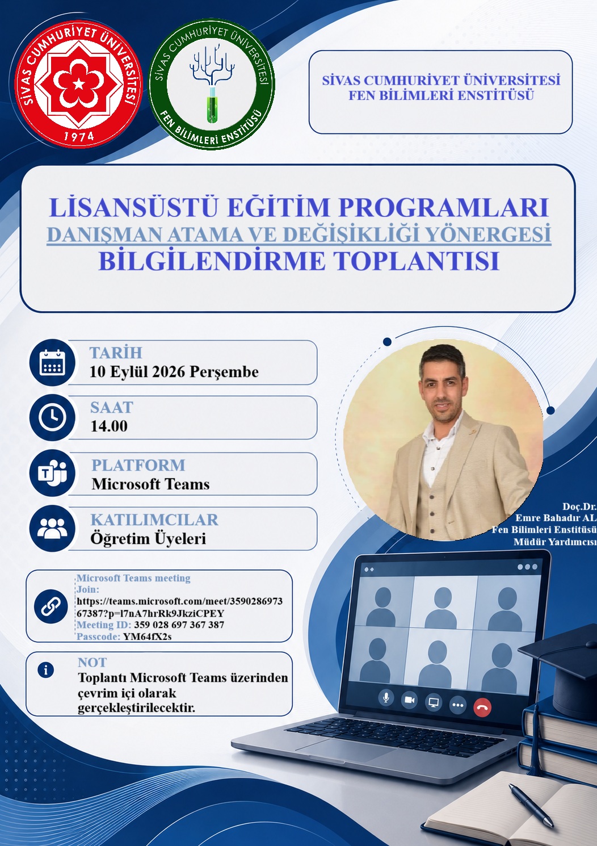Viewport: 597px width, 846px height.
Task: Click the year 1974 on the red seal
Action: pos(78,136)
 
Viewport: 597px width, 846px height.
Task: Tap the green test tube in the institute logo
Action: pos(213,107)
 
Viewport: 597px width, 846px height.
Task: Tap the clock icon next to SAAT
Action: pos(52,417)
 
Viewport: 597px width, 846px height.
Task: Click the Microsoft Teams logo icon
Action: pos(52,473)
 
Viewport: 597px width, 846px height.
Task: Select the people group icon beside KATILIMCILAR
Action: pos(52,528)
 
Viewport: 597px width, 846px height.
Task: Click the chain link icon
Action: pos(51,606)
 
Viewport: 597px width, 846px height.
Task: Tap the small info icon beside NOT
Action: pos(45,670)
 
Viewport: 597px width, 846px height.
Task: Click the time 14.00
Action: pos(109,426)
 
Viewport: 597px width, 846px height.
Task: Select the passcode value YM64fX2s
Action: pos(147,636)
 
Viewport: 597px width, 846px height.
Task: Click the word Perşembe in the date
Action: pos(224,372)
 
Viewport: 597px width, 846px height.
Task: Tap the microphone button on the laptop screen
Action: pos(386,697)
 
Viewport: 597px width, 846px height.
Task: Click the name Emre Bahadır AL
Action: pos(556,518)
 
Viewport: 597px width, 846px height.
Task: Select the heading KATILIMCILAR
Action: pos(154,520)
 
